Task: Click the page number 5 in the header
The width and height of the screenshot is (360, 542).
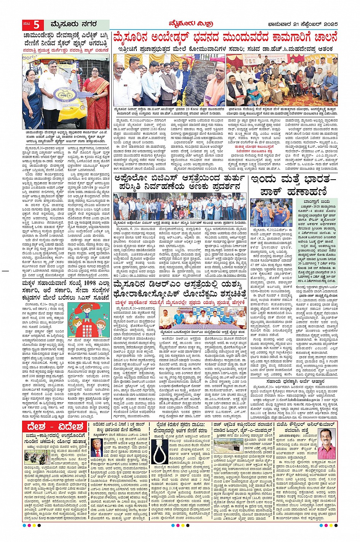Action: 36,25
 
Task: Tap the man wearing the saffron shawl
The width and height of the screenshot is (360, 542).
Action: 216,86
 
